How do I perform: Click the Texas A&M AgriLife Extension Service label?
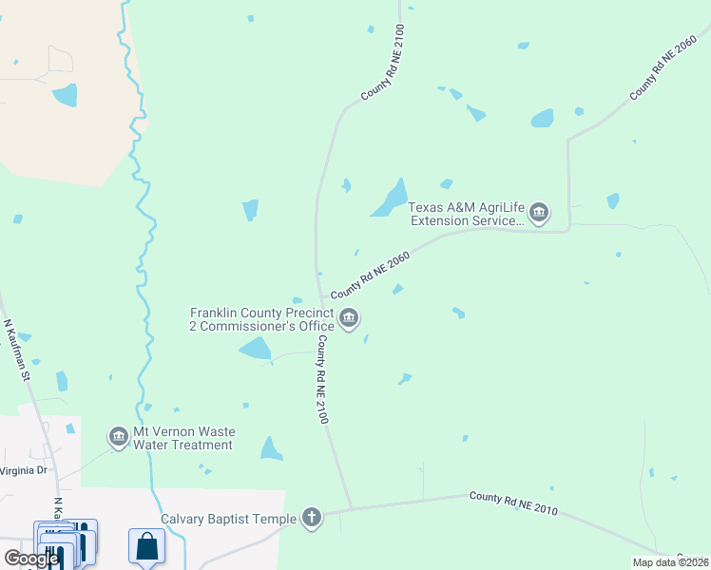pos(466,214)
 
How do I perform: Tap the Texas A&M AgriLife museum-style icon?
pos(539,212)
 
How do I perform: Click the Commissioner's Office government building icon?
pos(349,318)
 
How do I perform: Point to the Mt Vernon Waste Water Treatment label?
pos(183,438)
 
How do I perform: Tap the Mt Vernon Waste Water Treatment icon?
pos(118,437)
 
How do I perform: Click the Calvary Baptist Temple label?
pos(227,519)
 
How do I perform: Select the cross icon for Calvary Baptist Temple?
pos(310,519)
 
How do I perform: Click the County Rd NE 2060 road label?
pos(370,273)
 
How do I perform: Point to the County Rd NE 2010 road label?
pos(512,503)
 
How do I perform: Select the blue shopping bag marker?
pos(146,546)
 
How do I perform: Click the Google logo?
pos(31,559)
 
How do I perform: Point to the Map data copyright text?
pos(670,562)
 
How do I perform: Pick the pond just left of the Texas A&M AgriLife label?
pos(390,199)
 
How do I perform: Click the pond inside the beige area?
pos(65,95)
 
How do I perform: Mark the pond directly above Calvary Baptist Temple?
pos(271,449)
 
